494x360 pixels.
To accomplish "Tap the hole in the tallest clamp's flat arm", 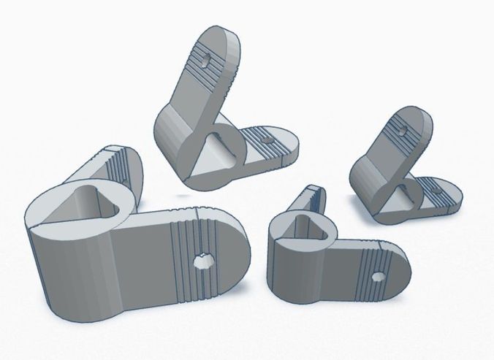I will (265, 137).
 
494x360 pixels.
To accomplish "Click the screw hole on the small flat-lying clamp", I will (377, 276).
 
